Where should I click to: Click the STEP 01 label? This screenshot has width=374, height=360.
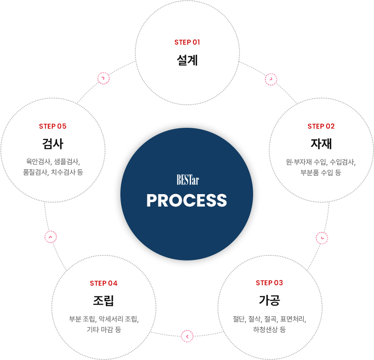(187, 42)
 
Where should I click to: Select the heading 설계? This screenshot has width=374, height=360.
(187, 60)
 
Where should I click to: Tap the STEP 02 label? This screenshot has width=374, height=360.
(321, 126)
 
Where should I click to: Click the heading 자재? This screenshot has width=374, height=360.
(321, 144)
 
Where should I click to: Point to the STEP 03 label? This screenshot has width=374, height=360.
(269, 283)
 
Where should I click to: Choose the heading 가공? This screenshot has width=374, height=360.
(270, 300)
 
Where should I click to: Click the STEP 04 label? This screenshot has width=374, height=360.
(104, 283)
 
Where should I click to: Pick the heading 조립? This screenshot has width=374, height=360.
(104, 300)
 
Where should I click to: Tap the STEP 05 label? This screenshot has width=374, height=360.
(53, 126)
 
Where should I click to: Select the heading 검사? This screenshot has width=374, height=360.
(53, 144)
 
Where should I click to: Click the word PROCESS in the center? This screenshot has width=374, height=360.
(187, 200)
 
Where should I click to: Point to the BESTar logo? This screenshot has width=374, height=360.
(188, 180)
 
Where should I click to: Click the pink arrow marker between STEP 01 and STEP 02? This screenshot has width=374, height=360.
(271, 79)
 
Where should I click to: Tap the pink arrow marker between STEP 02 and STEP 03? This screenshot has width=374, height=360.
(322, 238)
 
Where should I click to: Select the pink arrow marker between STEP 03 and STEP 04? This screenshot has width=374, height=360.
(187, 336)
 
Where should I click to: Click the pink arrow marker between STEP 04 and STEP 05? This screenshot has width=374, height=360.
(50, 237)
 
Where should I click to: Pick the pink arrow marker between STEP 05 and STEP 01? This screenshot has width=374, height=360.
(104, 78)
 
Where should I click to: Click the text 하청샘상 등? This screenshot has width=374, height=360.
(269, 329)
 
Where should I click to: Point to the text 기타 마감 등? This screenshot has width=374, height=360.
(104, 329)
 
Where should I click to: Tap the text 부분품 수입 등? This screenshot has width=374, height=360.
(321, 172)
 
